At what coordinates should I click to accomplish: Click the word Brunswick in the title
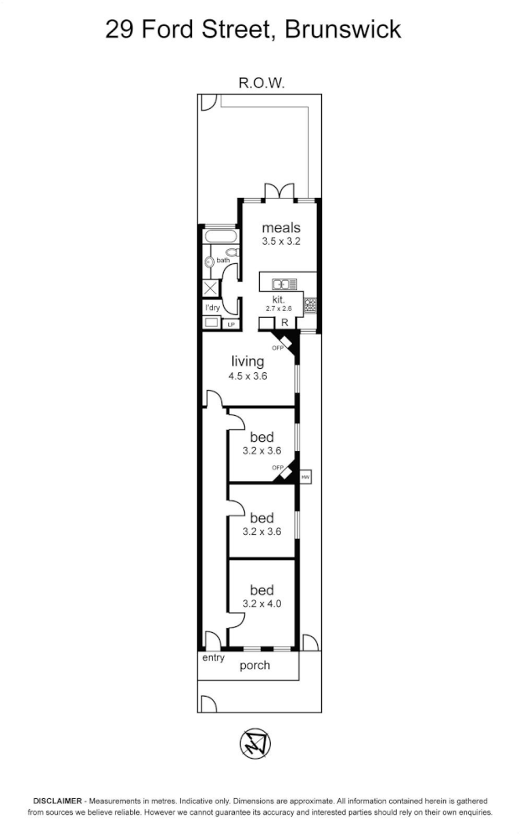tap(343, 30)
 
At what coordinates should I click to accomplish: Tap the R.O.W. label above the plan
tap(262, 83)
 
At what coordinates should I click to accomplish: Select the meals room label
tap(281, 227)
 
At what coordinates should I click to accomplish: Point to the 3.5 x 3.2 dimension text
tap(281, 241)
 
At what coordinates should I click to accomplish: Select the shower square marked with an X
tap(210, 289)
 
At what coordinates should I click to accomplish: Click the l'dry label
tap(212, 308)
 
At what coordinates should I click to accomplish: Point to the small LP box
tap(231, 324)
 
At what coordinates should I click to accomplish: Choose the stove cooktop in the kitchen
tap(310, 305)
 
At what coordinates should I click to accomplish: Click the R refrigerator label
tap(284, 323)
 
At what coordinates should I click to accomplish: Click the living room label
tap(247, 361)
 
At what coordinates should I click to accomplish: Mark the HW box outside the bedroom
tap(305, 476)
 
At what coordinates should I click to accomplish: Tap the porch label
tap(255, 666)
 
